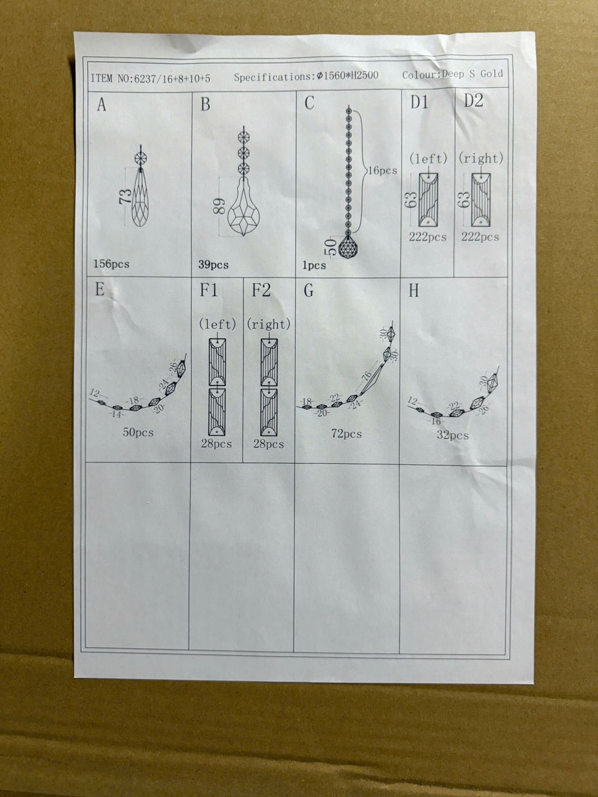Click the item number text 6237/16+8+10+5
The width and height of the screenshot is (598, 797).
(172, 78)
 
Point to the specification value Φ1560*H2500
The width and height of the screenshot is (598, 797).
(347, 76)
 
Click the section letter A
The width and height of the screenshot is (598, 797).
(102, 105)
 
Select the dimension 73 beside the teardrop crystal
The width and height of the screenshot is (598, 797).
(125, 196)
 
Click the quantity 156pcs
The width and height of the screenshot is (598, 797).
(112, 264)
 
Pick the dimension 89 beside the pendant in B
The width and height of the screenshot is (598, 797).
(219, 206)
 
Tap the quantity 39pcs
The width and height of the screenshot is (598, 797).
(213, 265)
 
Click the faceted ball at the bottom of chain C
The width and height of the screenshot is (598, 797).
(348, 247)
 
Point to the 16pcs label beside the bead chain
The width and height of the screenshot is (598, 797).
(382, 171)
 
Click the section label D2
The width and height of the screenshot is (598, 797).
(473, 101)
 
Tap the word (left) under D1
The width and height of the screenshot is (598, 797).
(428, 159)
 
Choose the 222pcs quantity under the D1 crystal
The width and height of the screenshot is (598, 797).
(428, 237)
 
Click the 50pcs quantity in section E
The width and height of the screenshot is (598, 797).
(139, 432)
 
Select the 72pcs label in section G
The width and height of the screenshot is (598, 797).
(346, 434)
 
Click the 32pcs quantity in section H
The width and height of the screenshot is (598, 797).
(453, 435)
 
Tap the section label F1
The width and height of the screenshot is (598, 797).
(209, 290)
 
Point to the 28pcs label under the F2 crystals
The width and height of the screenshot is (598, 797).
(269, 444)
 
